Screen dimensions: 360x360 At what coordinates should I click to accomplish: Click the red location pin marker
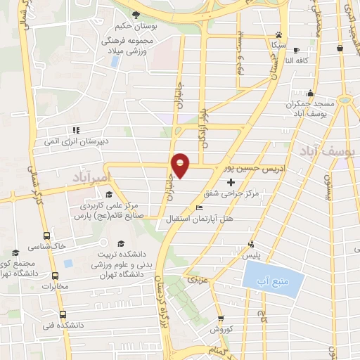(x=181, y=165)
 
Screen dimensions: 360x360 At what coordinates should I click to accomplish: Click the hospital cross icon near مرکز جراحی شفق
(x=231, y=182)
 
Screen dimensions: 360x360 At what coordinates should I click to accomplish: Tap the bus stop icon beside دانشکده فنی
(x=63, y=314)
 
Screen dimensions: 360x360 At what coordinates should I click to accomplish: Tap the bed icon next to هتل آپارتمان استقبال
(x=200, y=207)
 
